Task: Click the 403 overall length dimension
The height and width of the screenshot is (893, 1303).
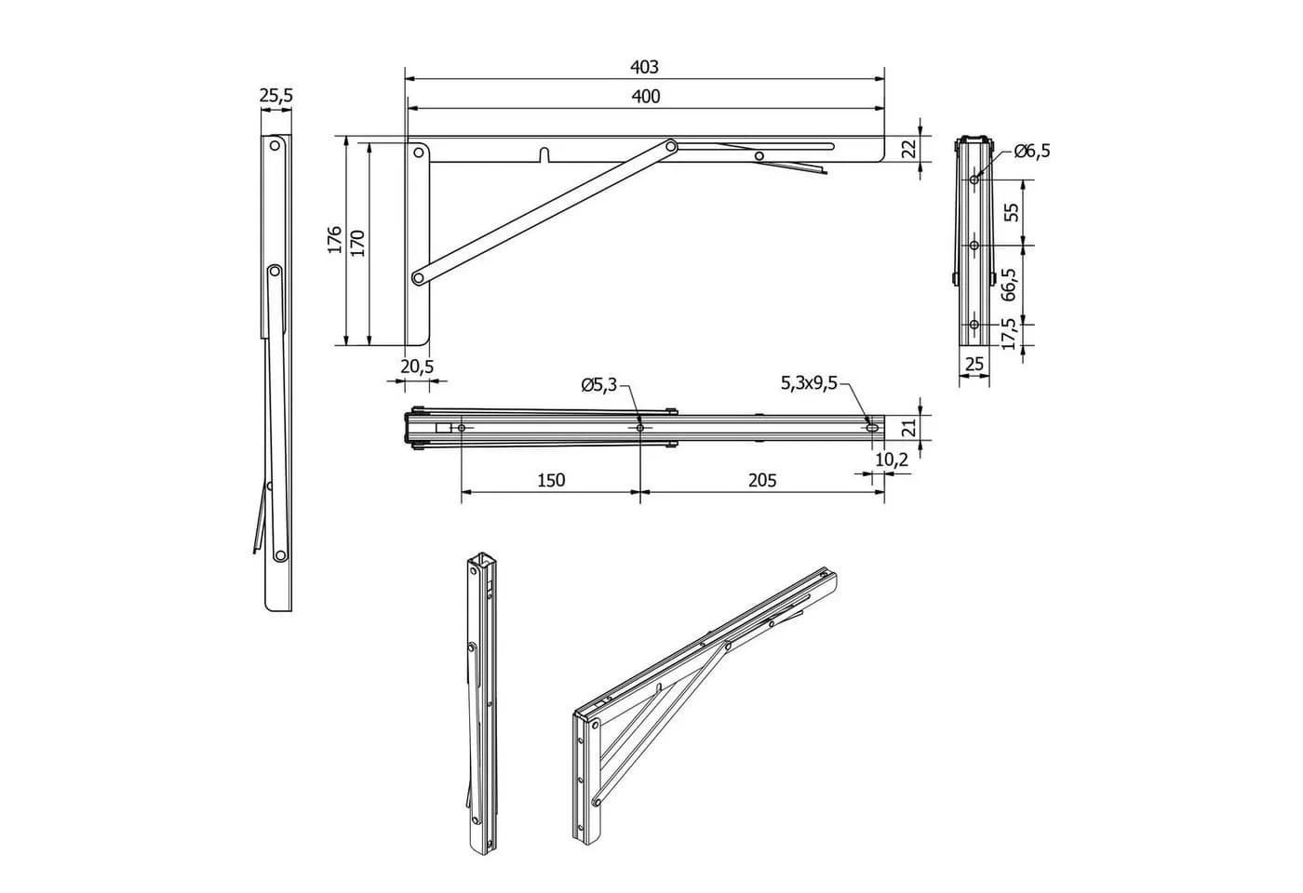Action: coord(644,67)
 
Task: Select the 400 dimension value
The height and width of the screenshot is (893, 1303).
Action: coord(646,97)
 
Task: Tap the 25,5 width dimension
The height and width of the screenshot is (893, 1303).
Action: coord(276,95)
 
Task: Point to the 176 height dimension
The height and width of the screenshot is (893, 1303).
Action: coord(334,240)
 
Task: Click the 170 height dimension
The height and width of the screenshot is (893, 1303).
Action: coord(357,244)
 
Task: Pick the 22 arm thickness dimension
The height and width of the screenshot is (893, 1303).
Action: coord(910,149)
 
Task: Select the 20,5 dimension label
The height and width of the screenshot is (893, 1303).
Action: coord(417,367)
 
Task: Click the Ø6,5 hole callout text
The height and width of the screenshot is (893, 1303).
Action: coord(1032,151)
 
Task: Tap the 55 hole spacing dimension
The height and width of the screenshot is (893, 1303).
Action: coord(1013,212)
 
